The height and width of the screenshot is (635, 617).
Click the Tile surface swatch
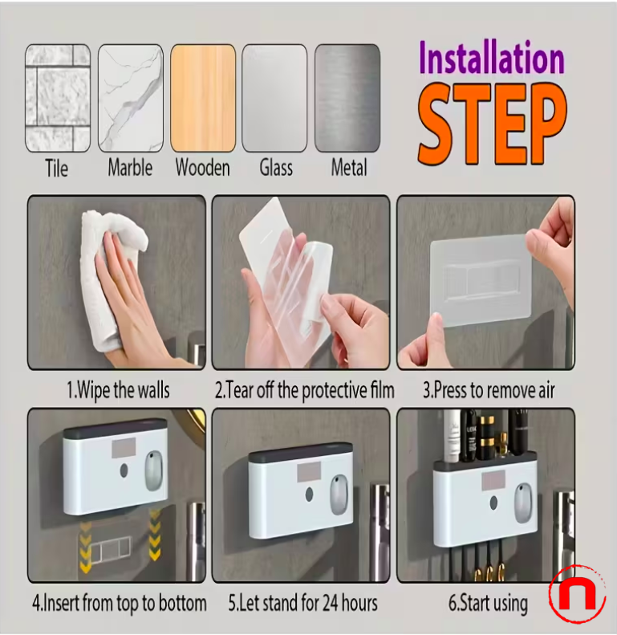[x=58, y=98]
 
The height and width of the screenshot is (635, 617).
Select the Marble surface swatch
[x=130, y=98]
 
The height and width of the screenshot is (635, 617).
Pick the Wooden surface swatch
[x=203, y=98]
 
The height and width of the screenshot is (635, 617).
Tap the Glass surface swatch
[x=274, y=98]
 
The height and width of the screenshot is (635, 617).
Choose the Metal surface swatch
[x=347, y=98]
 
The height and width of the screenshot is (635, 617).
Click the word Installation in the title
[x=492, y=59]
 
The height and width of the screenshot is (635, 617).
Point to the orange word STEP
[x=492, y=123]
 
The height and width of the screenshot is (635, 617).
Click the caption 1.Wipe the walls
[x=118, y=391]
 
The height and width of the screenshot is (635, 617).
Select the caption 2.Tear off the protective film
[x=304, y=391]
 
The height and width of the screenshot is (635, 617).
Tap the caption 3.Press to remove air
[x=489, y=391]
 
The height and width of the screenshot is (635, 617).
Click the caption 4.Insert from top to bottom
[x=120, y=604]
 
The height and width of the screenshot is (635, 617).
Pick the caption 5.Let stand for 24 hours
[x=302, y=604]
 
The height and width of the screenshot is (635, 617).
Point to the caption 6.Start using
[x=488, y=604]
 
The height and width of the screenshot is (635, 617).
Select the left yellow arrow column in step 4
[x=85, y=547]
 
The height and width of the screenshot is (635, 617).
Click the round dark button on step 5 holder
[x=310, y=494]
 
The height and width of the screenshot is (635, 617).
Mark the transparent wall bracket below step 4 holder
[x=110, y=548]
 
